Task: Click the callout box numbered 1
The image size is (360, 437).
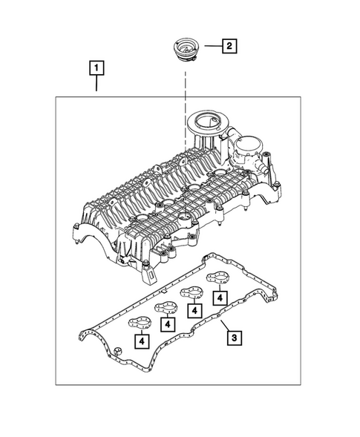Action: tap(96, 69)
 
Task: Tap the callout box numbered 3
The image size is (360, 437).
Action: tap(235, 338)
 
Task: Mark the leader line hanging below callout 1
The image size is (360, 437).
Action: tap(96, 86)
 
